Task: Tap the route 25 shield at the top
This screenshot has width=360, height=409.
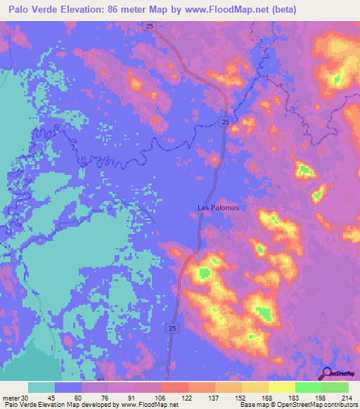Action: pyautogui.click(x=150, y=26)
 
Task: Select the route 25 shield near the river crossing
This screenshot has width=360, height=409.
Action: pyautogui.click(x=224, y=122)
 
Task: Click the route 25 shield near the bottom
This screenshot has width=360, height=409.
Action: pyautogui.click(x=173, y=327)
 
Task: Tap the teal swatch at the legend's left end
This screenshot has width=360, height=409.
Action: pyautogui.click(x=41, y=387)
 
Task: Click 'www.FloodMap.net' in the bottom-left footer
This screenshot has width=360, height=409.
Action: pyautogui.click(x=139, y=405)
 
